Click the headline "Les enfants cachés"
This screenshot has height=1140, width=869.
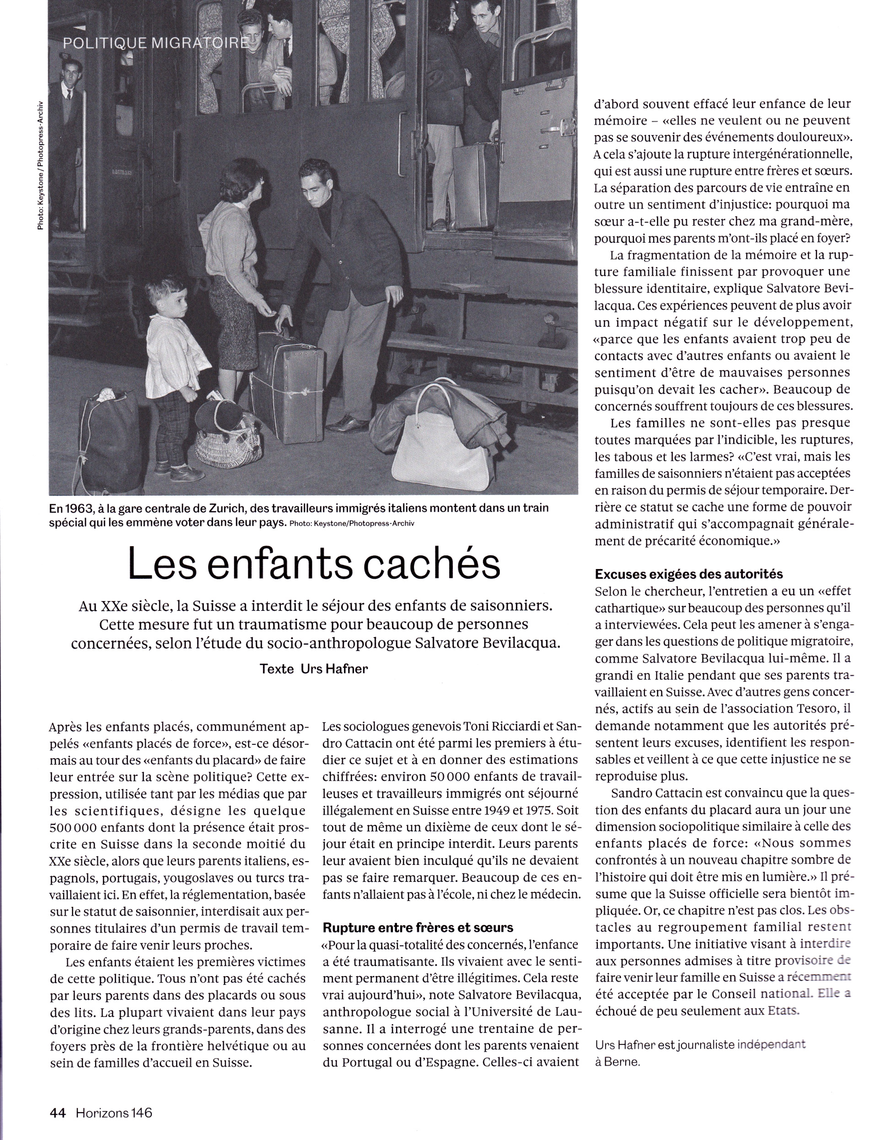pos(314,565)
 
